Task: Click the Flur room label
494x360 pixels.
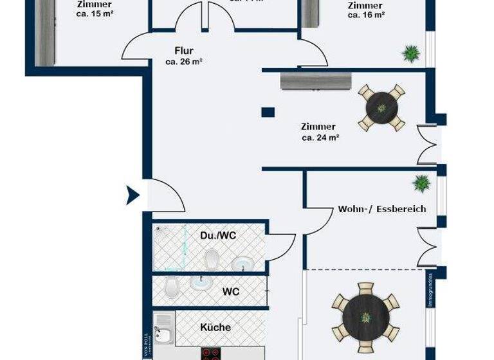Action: pyautogui.click(x=184, y=50)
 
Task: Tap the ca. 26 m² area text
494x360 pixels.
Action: pyautogui.click(x=184, y=62)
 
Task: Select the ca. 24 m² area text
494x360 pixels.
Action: pyautogui.click(x=320, y=137)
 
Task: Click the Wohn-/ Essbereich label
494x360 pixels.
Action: pyautogui.click(x=382, y=209)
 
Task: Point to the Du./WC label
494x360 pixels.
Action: pyautogui.click(x=218, y=236)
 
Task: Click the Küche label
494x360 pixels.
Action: pyautogui.click(x=215, y=327)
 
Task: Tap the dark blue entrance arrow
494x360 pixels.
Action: pyautogui.click(x=133, y=194)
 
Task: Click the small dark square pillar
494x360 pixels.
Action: pyautogui.click(x=268, y=113)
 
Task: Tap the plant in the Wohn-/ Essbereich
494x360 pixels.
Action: pyautogui.click(x=421, y=184)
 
